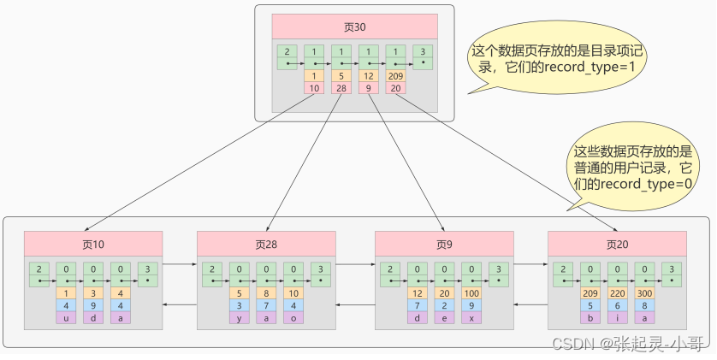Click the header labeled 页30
click(354, 27)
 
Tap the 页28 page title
click(267, 244)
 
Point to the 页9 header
click(444, 244)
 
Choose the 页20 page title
click(617, 244)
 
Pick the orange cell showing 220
click(618, 292)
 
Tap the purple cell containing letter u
click(66, 317)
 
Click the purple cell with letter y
click(240, 317)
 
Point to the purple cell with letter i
click(618, 317)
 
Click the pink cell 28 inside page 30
click(341, 87)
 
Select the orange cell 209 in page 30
click(396, 75)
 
